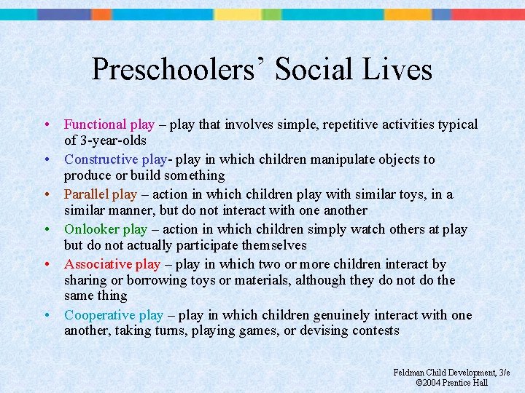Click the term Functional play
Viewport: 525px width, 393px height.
(109, 124)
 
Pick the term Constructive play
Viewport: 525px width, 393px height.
(116, 159)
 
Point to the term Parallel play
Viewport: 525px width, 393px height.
(101, 194)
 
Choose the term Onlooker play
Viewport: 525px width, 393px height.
(106, 229)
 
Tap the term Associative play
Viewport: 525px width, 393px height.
(112, 264)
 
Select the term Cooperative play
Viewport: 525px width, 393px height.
(114, 315)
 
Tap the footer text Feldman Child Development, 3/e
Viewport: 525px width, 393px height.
(451, 373)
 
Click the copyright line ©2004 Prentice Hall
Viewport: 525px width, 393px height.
(451, 383)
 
